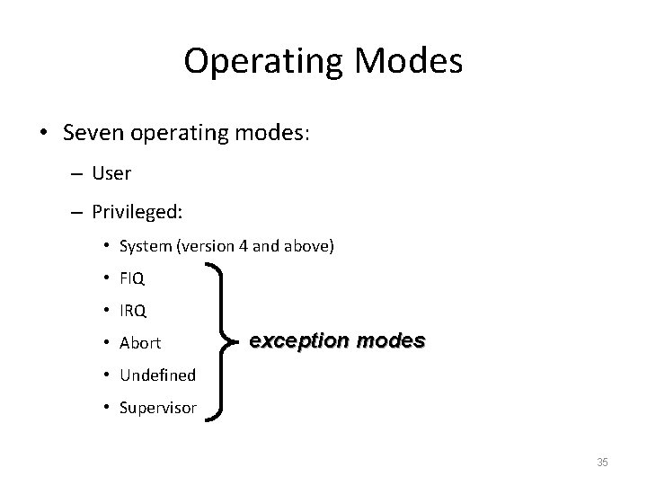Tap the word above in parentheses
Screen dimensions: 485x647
tap(309, 246)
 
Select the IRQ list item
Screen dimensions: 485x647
tap(132, 311)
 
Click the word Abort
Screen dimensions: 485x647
tap(139, 343)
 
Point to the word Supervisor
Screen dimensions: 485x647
tap(157, 408)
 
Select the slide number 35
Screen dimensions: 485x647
tap(602, 463)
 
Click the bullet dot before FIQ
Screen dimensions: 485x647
tap(106, 279)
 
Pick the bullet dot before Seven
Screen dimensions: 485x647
tap(44, 133)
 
